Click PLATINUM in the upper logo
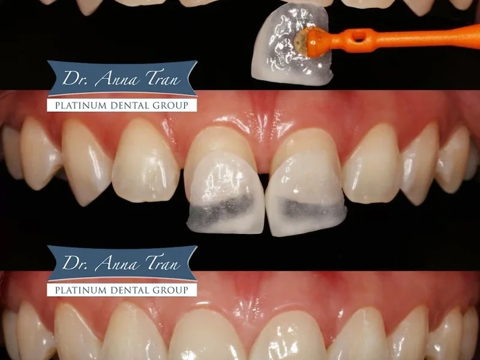(77, 106)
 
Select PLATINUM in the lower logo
(77, 290)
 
